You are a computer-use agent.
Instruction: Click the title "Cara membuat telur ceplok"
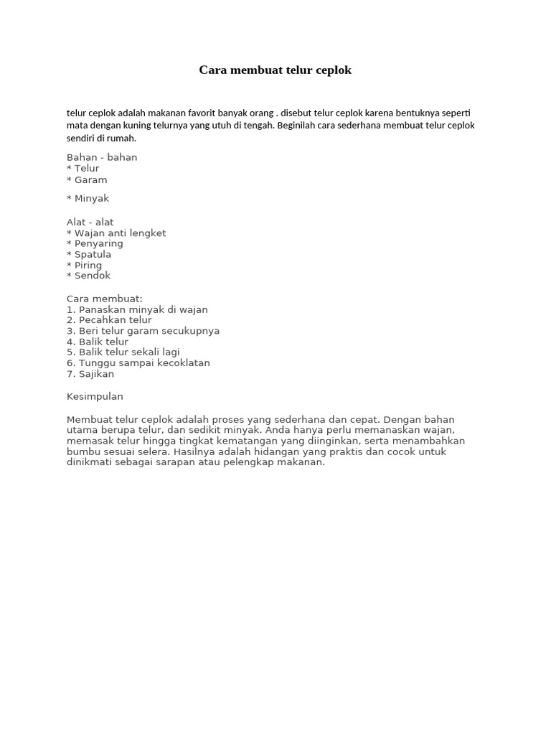[275, 70]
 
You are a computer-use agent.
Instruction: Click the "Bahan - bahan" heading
[102, 157]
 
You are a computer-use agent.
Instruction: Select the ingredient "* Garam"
[87, 180]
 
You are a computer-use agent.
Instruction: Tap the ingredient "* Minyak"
[88, 198]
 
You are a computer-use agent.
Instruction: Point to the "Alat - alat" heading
[90, 222]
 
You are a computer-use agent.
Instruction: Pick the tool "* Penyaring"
[95, 243]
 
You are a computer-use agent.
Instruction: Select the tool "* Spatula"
[89, 254]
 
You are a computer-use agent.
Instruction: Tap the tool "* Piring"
[85, 265]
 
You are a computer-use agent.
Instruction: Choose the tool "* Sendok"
[89, 276]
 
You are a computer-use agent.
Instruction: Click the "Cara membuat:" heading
[105, 299]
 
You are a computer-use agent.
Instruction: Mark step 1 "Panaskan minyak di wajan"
[137, 310]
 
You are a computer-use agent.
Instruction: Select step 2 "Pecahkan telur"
[109, 320]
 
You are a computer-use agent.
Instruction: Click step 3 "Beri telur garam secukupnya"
[143, 331]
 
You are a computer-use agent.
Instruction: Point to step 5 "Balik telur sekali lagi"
[123, 352]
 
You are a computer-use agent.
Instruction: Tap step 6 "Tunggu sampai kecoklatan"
[138, 363]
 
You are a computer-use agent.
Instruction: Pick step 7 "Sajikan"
[90, 374]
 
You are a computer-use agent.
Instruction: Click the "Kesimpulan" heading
[95, 396]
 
